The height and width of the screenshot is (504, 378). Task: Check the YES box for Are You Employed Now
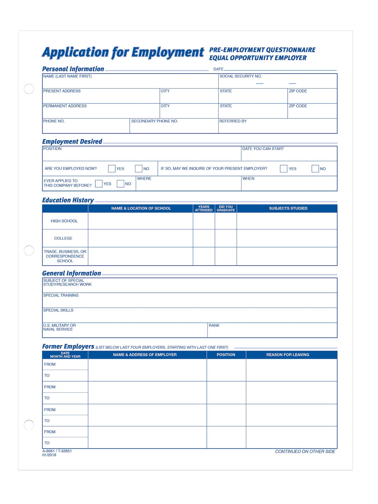(x=111, y=169)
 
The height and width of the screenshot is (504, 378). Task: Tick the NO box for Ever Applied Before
(x=120, y=184)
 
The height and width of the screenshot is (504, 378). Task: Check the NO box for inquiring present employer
(x=315, y=169)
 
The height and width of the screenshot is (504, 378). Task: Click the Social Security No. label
(x=240, y=76)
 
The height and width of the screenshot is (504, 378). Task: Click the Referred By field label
(x=233, y=121)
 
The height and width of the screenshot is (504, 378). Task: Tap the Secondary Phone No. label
(x=155, y=121)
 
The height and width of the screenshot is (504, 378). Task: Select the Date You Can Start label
(x=263, y=149)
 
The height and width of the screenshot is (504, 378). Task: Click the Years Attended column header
(x=204, y=208)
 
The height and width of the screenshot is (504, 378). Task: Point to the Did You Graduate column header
(x=226, y=208)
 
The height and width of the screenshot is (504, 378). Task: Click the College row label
(x=63, y=238)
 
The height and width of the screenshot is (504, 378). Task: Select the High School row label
(x=64, y=221)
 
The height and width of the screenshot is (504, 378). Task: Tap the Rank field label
(x=214, y=325)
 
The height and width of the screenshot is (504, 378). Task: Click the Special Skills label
(x=58, y=310)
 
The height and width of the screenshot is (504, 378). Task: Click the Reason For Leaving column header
(x=288, y=354)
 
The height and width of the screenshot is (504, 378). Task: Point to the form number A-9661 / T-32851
(x=57, y=451)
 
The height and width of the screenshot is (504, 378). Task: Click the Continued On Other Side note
(x=305, y=451)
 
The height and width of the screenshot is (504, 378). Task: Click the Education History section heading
(x=68, y=200)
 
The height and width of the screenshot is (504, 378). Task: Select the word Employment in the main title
(x=168, y=53)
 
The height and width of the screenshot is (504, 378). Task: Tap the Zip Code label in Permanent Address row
(x=298, y=106)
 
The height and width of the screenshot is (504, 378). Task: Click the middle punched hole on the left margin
(x=29, y=250)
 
